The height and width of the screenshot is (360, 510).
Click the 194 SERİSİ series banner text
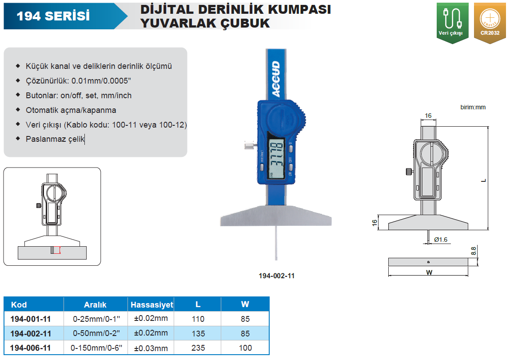click(53, 16)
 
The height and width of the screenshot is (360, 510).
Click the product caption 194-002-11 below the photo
click(276, 276)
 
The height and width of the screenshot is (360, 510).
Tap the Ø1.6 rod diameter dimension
click(440, 240)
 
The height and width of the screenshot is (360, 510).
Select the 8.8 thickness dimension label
click(473, 251)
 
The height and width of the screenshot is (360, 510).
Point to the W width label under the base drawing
click(429, 272)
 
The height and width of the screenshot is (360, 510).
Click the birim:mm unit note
click(473, 107)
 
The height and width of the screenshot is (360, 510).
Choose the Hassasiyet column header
click(151, 304)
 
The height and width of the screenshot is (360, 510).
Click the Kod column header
click(19, 304)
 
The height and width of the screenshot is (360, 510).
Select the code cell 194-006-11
click(30, 348)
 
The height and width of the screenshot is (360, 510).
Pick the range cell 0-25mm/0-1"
click(96, 319)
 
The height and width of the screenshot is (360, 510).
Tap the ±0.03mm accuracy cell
click(151, 348)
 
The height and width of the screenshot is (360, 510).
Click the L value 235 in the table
click(198, 348)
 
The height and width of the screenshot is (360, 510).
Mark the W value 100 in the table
click(245, 348)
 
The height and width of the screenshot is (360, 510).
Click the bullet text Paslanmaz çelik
click(55, 139)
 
